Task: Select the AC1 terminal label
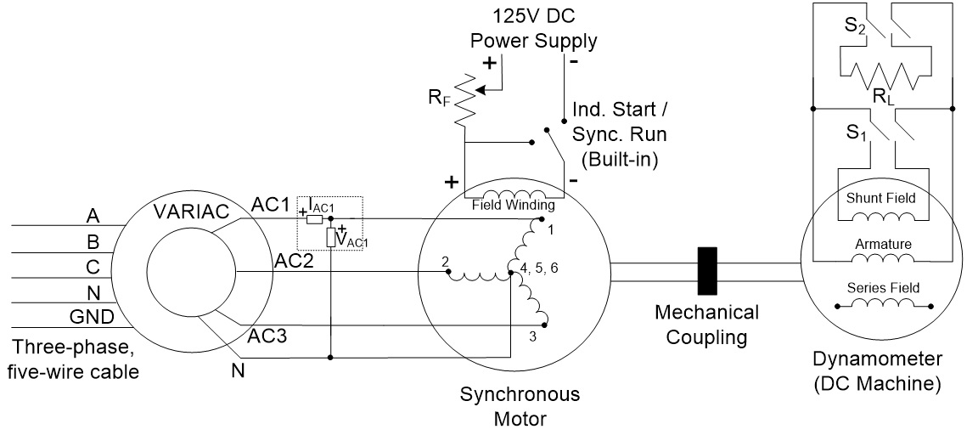(x=269, y=206)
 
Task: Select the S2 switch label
(x=855, y=25)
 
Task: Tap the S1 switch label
(x=854, y=135)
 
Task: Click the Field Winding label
(x=514, y=205)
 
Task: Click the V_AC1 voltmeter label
(x=351, y=240)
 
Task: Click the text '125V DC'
(x=534, y=16)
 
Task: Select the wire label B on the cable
(x=93, y=241)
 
